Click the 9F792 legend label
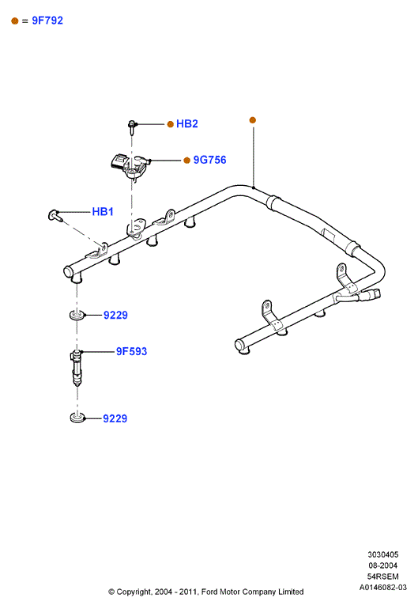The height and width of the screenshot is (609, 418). [x=47, y=21]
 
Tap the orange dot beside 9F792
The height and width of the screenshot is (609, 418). [x=15, y=21]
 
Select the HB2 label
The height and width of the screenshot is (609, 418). [x=187, y=124]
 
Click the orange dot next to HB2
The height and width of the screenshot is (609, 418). [x=170, y=124]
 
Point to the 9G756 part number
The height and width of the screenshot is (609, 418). [x=209, y=160]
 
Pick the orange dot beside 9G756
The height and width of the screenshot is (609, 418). [x=186, y=161]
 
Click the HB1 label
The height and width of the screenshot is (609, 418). [x=103, y=212]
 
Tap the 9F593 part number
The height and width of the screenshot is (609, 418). [x=132, y=351]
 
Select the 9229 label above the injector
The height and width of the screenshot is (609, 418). [x=115, y=315]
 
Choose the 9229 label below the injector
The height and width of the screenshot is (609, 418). [x=115, y=418]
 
